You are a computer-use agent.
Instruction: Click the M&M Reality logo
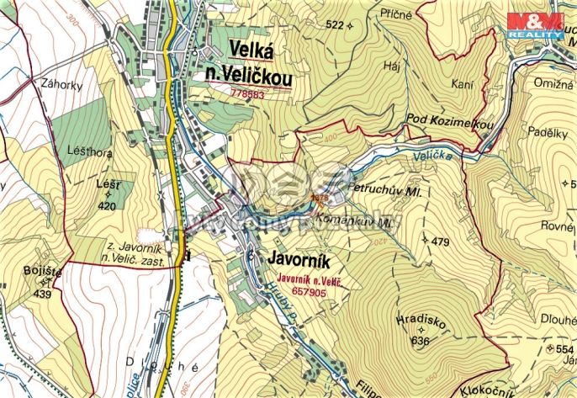[x=535, y=24]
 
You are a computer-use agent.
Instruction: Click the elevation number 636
[x=420, y=341]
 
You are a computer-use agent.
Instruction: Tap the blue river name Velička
[x=433, y=156]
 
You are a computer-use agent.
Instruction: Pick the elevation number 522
[x=334, y=25]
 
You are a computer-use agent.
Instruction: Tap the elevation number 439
[x=42, y=294]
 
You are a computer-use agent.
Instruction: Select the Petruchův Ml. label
[x=389, y=192]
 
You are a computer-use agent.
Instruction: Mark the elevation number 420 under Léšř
[x=107, y=204]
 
